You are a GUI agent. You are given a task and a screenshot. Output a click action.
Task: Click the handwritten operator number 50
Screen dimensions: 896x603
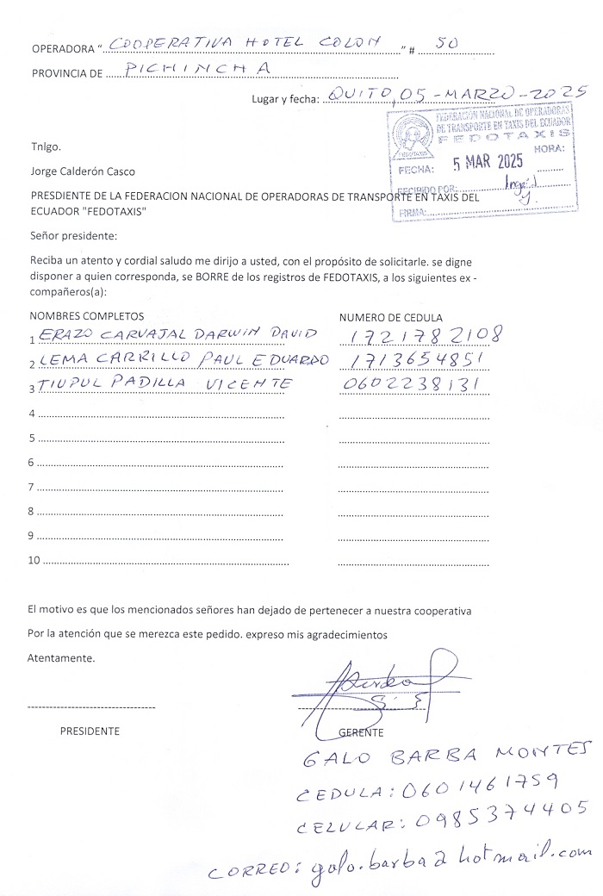[x=447, y=42]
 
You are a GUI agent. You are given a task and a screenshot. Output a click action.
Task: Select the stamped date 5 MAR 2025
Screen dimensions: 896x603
[x=488, y=162]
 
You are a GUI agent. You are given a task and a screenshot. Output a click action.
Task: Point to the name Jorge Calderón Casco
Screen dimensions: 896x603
[x=82, y=171]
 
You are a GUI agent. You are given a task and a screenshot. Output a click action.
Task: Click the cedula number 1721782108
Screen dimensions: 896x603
[x=426, y=334]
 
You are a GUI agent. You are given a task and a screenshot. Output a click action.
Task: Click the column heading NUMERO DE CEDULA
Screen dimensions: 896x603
[x=390, y=317]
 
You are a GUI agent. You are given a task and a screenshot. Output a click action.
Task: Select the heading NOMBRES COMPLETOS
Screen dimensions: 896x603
[x=87, y=317]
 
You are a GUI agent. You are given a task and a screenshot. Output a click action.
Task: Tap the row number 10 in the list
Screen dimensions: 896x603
[x=35, y=561]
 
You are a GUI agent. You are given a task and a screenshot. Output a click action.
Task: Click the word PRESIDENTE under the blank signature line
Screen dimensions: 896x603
[x=90, y=731]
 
